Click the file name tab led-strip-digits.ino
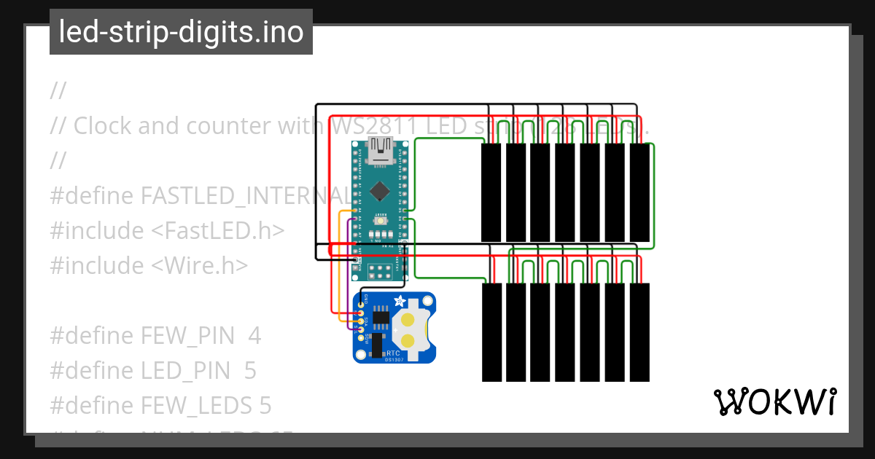click(181, 32)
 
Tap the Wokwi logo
click(774, 402)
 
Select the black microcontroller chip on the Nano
click(379, 191)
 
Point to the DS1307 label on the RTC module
click(395, 361)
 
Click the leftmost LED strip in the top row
click(491, 192)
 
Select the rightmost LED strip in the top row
click(639, 192)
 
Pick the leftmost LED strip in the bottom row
click(491, 332)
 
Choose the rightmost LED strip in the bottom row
click(639, 332)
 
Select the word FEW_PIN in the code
click(187, 336)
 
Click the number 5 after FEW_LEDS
click(265, 406)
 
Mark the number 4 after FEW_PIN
click(254, 336)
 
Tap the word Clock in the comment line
click(102, 125)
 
